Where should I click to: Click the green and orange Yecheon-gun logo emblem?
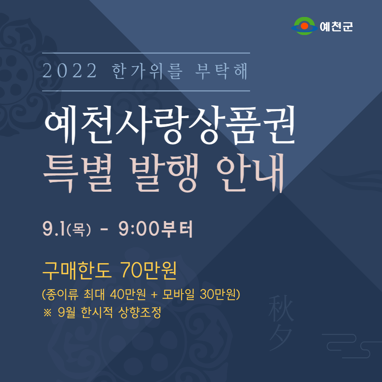pyautogui.click(x=305, y=26)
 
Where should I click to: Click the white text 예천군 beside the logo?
pyautogui.click(x=336, y=27)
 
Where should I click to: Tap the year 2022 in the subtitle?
pyautogui.click(x=69, y=71)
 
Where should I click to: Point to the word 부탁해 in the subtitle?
pyautogui.click(x=221, y=71)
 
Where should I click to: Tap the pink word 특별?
pyautogui.click(x=78, y=173)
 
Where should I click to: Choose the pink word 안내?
pyautogui.click(x=250, y=173)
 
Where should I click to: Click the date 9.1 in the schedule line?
pyautogui.click(x=54, y=229)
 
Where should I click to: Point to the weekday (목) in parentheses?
pyautogui.click(x=79, y=230)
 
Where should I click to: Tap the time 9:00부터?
pyautogui.click(x=156, y=229)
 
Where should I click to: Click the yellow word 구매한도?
pyautogui.click(x=77, y=271)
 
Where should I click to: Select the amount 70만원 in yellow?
pyautogui.click(x=149, y=271)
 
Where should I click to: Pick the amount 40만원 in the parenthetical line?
pyautogui.click(x=128, y=294)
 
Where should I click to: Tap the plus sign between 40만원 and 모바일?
pyautogui.click(x=154, y=295)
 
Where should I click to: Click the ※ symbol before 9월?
pyautogui.click(x=47, y=313)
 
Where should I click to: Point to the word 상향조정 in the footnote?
pyautogui.click(x=140, y=312)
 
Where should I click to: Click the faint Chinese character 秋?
pyautogui.click(x=281, y=308)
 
